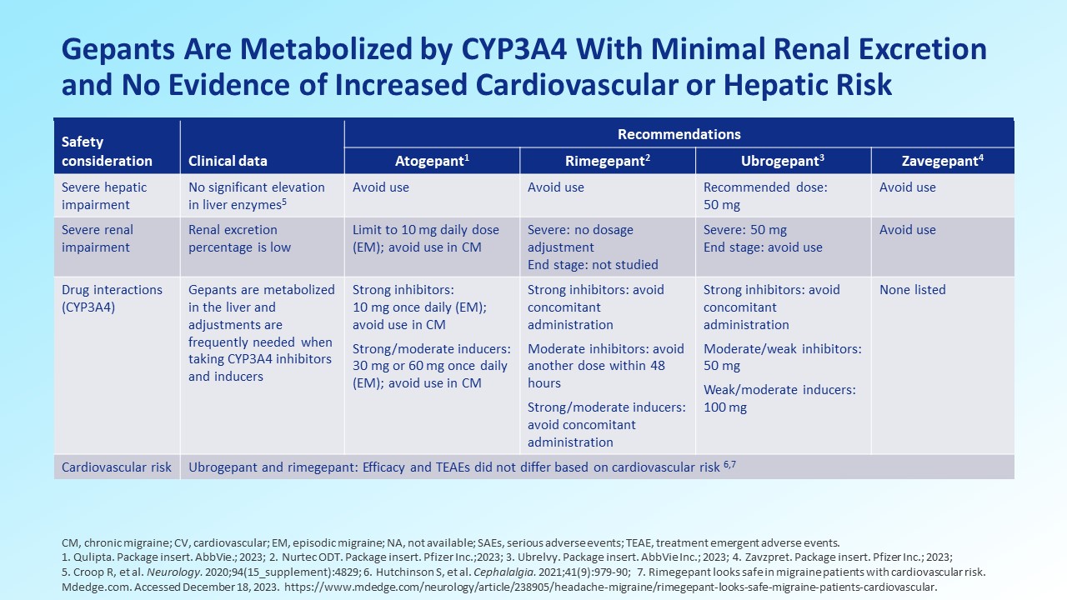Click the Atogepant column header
pyautogui.click(x=432, y=161)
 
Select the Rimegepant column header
pyautogui.click(x=608, y=161)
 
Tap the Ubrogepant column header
pyautogui.click(x=783, y=161)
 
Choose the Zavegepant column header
pyautogui.click(x=942, y=161)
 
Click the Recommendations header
pyautogui.click(x=679, y=134)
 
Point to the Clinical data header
pyautogui.click(x=228, y=161)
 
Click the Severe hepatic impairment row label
pyautogui.click(x=104, y=196)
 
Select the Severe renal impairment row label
pyautogui.click(x=98, y=238)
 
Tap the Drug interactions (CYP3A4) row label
pyautogui.click(x=112, y=298)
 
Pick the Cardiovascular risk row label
pyautogui.click(x=116, y=467)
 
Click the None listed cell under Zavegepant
pyautogui.click(x=912, y=289)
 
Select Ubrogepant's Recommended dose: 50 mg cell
pyautogui.click(x=765, y=196)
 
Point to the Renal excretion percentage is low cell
pyautogui.click(x=239, y=238)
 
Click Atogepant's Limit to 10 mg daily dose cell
pyautogui.click(x=425, y=238)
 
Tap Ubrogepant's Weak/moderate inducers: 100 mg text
pyautogui.click(x=779, y=398)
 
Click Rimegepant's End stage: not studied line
pyautogui.click(x=593, y=264)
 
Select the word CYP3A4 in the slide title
pyautogui.click(x=514, y=49)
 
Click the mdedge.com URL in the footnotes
pyautogui.click(x=611, y=587)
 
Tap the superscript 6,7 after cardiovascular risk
pyautogui.click(x=729, y=464)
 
